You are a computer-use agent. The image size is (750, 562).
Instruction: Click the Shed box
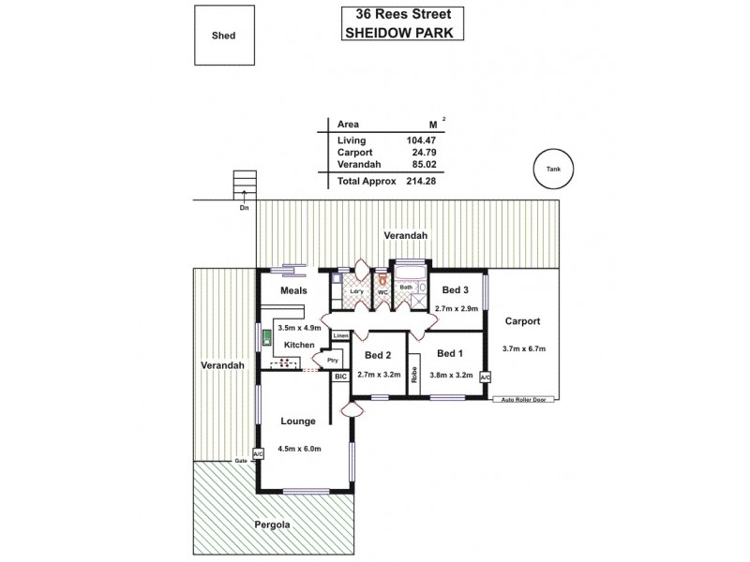(223, 37)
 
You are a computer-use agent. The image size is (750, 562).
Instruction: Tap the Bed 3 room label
(457, 291)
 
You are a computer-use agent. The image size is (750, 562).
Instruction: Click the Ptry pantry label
(331, 359)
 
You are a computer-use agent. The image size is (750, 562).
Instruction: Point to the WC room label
(382, 292)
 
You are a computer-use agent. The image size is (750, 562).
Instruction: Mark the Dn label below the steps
(244, 208)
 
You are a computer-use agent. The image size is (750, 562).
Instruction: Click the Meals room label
(295, 290)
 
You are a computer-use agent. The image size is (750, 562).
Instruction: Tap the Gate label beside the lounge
(240, 461)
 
